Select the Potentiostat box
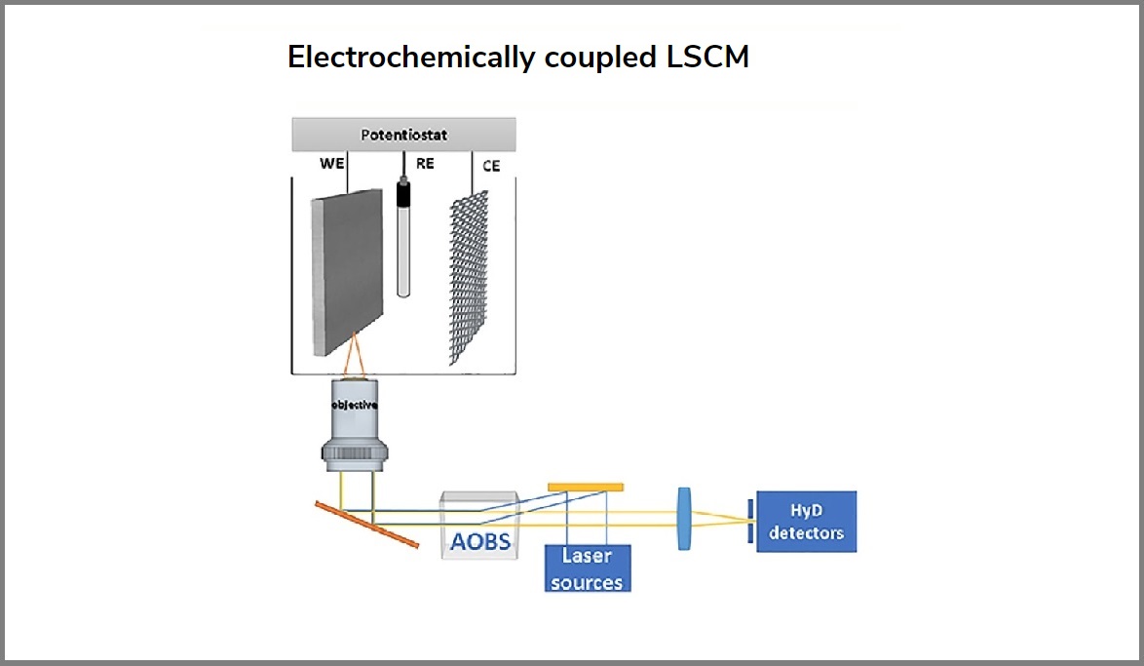pos(403,134)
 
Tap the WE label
pos(332,163)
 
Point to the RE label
pos(425,163)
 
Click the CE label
pos(491,166)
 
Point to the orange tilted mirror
pos(367,525)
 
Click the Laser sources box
pos(587,568)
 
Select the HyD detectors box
pos(806,522)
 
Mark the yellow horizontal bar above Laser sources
pos(586,486)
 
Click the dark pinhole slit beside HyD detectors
pos(750,521)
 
